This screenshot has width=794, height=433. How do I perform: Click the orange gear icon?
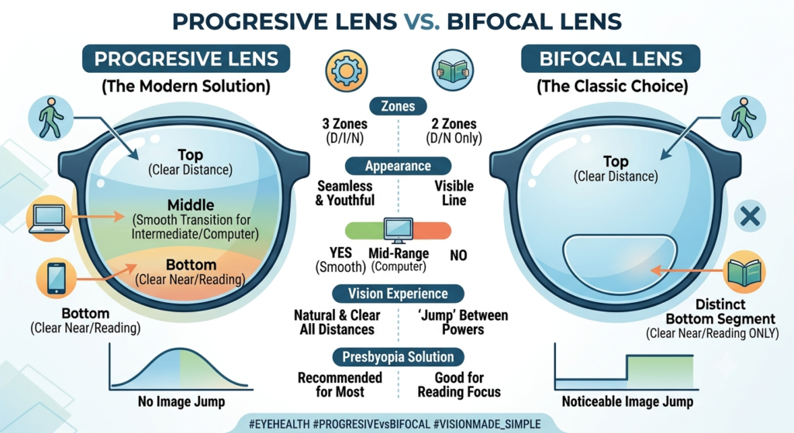(347, 70)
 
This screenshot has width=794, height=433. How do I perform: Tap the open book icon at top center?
(453, 70)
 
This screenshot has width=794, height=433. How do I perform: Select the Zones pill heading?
(398, 106)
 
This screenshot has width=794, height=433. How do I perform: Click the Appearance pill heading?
(398, 166)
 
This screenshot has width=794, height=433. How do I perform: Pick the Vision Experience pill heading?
(398, 294)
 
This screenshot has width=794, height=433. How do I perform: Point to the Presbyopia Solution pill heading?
(398, 356)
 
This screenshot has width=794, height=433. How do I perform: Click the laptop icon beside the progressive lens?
(49, 218)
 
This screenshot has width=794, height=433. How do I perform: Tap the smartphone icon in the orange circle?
(56, 278)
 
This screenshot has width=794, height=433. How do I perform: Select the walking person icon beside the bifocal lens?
(744, 119)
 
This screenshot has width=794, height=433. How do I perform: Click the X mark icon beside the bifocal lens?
(750, 217)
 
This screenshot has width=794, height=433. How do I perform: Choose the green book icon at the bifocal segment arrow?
(744, 272)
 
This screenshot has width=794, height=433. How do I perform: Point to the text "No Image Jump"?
(181, 402)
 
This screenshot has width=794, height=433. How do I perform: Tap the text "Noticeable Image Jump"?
(627, 402)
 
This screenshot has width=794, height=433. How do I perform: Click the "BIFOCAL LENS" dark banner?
(611, 59)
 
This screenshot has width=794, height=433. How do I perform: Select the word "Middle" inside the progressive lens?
(191, 204)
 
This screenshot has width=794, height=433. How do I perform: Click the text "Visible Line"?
(454, 193)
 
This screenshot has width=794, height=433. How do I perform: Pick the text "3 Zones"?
(345, 124)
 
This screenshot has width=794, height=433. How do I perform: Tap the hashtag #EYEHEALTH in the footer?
(279, 424)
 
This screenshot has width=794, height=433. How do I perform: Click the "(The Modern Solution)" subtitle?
(186, 86)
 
